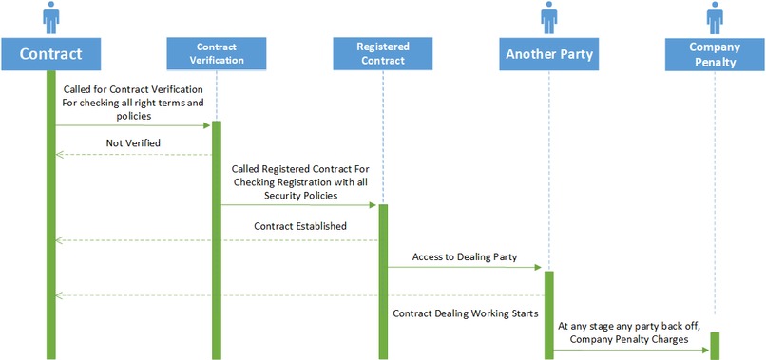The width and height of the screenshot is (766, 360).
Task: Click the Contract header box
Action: point(50,53)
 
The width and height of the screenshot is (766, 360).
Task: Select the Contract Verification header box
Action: point(216,53)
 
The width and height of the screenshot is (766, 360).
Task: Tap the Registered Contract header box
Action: point(382,53)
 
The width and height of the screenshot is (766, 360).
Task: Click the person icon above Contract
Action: point(50,16)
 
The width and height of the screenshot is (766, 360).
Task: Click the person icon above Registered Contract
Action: point(382,16)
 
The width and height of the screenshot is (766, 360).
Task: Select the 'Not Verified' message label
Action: point(133,142)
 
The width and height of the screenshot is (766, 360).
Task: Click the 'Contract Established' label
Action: point(299,226)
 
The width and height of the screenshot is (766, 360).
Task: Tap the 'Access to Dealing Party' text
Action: point(465,256)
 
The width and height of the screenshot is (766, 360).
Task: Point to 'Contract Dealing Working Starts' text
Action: point(465,312)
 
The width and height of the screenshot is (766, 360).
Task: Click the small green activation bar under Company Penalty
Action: point(713,346)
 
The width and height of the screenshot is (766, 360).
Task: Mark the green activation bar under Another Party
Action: point(547,314)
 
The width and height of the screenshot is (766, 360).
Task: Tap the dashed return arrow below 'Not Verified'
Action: point(133,155)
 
